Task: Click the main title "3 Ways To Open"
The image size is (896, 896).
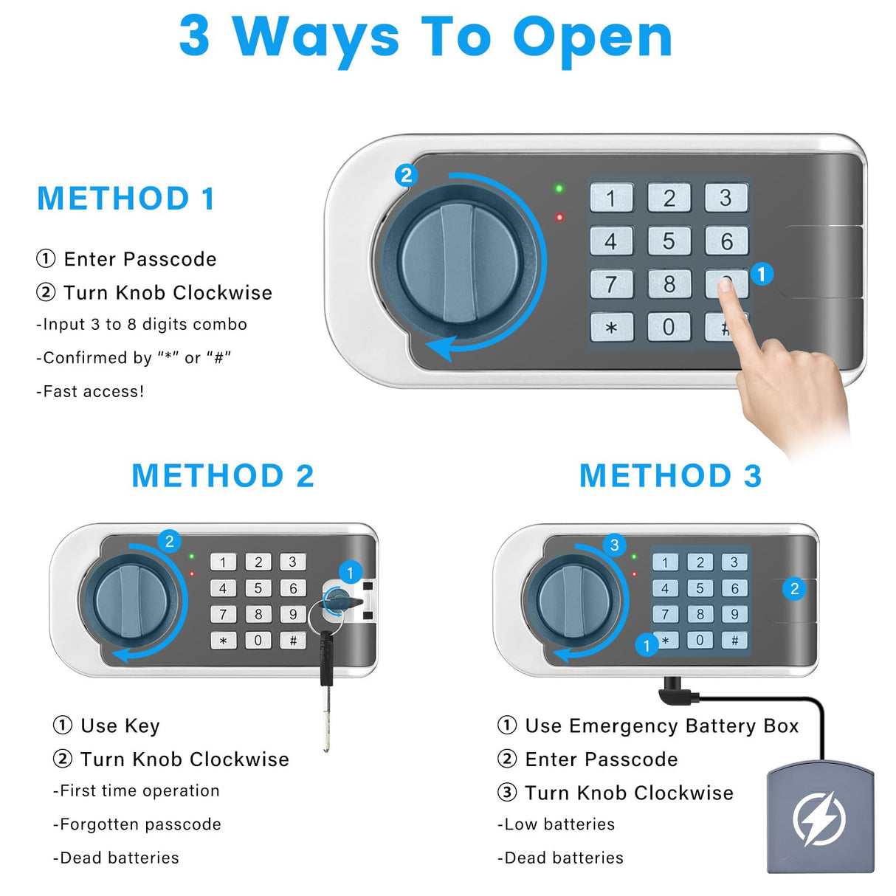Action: (426, 37)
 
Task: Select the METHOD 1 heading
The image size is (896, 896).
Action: (126, 199)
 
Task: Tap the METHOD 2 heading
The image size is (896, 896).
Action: (223, 476)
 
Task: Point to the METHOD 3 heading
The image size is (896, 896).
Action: (670, 476)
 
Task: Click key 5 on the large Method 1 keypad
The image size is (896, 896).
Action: (669, 241)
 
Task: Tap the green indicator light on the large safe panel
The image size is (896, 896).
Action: (559, 189)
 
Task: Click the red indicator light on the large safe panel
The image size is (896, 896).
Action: (559, 217)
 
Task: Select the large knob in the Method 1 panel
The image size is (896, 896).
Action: (458, 263)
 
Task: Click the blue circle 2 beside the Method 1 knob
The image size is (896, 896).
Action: (406, 176)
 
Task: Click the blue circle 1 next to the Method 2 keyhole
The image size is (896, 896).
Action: (351, 572)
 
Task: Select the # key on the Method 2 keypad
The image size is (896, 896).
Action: (293, 640)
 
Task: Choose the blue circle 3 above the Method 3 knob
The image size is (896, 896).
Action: (614, 545)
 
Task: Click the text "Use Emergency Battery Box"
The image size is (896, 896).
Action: (661, 726)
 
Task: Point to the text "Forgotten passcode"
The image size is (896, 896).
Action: (140, 824)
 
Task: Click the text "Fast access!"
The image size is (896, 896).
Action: (93, 392)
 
